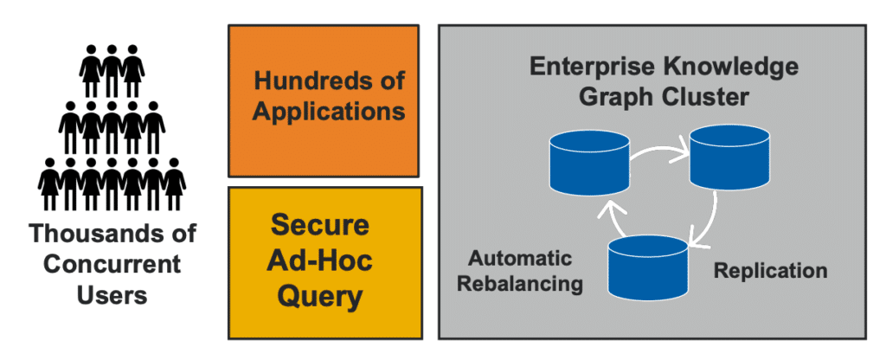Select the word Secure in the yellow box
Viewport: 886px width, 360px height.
[320, 225]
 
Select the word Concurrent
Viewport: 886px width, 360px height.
[110, 264]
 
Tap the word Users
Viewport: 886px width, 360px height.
[110, 294]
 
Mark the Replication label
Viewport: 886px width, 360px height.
[770, 272]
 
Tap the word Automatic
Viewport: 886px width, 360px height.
[520, 258]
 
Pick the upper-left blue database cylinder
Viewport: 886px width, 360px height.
[588, 161]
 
